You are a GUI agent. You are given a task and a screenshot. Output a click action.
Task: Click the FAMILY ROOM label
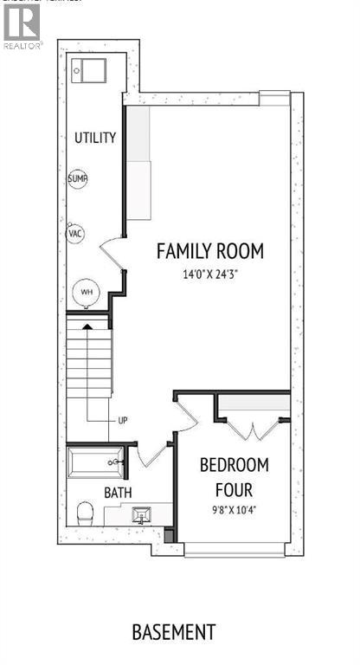[209, 252]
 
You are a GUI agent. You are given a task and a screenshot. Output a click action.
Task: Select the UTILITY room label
[95, 139]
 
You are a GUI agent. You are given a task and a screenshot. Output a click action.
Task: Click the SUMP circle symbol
[78, 179]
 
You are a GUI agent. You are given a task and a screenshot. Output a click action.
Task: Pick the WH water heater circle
[87, 292]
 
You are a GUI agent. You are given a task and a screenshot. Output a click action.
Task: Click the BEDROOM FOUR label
[235, 475]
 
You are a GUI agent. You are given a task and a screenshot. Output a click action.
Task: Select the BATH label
[118, 493]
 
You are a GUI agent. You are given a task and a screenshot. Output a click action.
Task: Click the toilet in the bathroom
[84, 513]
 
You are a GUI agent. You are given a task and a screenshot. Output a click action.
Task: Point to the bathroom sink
[140, 516]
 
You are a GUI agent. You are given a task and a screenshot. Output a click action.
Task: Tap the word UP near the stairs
[123, 421]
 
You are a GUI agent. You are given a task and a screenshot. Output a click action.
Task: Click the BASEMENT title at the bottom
[174, 632]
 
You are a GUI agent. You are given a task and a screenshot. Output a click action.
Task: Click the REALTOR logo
[21, 27]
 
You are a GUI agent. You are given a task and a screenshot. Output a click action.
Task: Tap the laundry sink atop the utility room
[88, 69]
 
